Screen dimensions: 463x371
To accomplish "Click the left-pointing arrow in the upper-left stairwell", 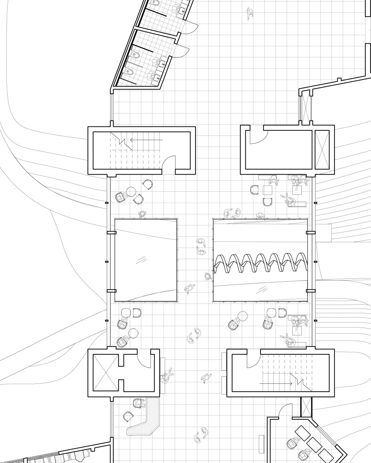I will coord(146,140).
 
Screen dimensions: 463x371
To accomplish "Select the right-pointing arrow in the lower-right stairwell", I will coord(276,383).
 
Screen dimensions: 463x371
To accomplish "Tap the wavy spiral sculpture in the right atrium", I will coord(260,263).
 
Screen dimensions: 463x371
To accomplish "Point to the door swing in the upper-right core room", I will coord(258,135).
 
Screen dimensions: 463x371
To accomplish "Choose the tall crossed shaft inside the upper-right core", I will coord(321,149).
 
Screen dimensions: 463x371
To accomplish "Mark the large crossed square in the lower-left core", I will coord(105,373).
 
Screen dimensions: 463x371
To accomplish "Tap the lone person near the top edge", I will coord(250,14).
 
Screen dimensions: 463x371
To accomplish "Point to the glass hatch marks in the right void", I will coord(263,288).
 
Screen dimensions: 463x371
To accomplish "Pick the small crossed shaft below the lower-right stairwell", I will coord(306,407).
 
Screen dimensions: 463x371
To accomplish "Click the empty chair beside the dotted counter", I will coord(128,417).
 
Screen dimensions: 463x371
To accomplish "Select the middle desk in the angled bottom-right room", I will coord(315,445).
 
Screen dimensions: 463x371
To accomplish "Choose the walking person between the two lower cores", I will coord(206,378).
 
